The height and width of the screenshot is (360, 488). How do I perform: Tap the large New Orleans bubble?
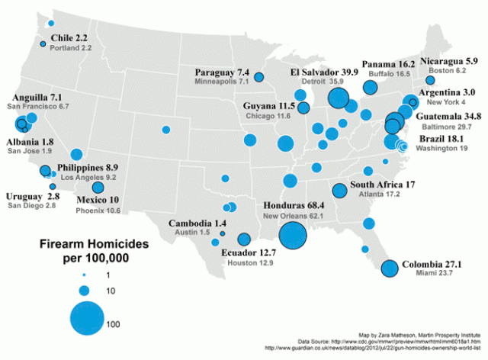click(x=294, y=234)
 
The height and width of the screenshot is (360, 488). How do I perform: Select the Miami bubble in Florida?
click(x=390, y=268)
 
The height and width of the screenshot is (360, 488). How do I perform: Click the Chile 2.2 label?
click(x=69, y=37)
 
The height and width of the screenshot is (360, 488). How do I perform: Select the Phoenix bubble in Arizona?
click(x=98, y=188)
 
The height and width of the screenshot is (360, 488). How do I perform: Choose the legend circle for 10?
click(x=85, y=290)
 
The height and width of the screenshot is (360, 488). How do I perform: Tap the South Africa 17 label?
click(x=382, y=185)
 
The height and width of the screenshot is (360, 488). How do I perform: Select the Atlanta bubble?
click(x=340, y=191)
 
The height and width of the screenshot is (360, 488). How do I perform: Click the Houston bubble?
click(x=244, y=239)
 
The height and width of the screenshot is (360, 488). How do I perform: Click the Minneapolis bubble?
click(x=259, y=77)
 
